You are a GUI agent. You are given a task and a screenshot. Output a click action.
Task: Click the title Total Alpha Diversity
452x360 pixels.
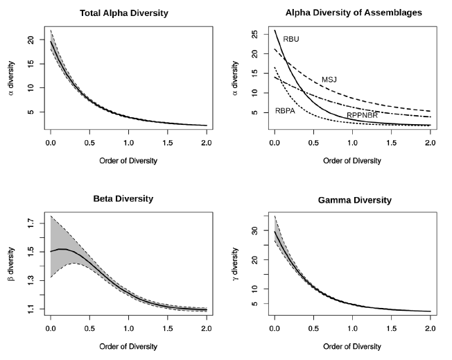click(129, 13)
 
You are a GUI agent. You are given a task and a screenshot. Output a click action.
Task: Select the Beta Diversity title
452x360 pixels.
click(129, 199)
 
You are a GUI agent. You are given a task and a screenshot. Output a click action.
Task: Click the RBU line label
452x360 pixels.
click(291, 40)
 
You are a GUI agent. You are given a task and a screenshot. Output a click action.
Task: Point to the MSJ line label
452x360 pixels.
click(329, 80)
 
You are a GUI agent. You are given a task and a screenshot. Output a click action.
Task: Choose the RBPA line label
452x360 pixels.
click(286, 111)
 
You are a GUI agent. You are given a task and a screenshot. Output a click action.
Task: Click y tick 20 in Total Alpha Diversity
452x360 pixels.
click(31, 41)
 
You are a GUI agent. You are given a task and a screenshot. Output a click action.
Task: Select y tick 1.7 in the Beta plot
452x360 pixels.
click(31, 223)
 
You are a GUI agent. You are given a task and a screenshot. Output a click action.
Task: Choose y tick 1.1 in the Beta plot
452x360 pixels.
click(31, 309)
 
